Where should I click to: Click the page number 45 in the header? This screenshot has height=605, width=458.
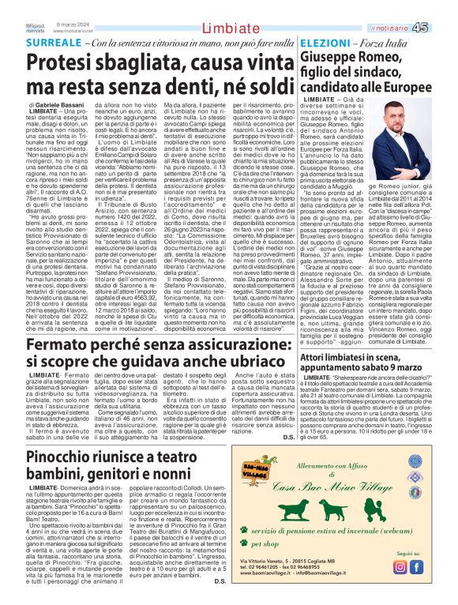click(x=442, y=7)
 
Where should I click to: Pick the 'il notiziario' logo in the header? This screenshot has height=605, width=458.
click(x=411, y=7)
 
